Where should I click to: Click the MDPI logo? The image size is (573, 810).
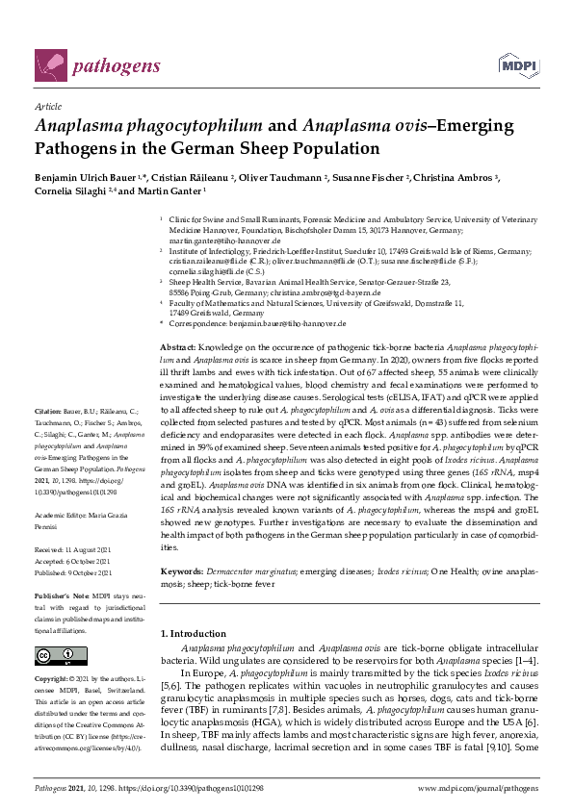tap(518, 65)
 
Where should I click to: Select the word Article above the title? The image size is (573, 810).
tap(47, 108)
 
